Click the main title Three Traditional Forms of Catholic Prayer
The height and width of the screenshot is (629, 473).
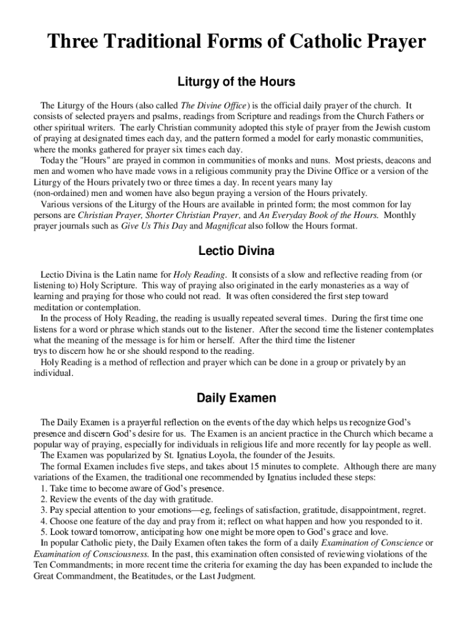237,42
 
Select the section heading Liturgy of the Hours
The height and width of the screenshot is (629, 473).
237,82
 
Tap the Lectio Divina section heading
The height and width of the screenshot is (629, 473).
237,251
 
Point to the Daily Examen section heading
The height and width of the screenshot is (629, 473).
237,398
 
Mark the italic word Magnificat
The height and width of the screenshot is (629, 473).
225,227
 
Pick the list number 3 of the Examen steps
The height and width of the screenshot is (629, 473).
44,510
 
